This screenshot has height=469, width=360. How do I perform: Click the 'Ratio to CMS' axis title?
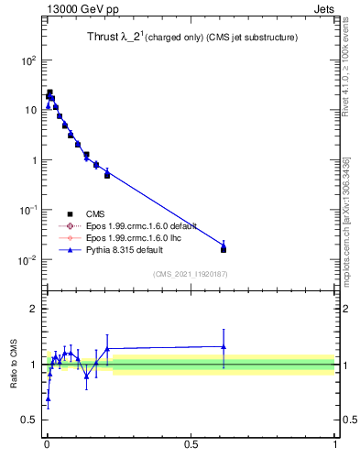(x=14, y=364)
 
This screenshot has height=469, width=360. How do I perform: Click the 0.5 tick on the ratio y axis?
(x=30, y=421)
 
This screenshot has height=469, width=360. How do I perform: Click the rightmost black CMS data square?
(x=224, y=249)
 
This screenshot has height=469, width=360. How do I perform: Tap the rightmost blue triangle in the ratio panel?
(x=224, y=346)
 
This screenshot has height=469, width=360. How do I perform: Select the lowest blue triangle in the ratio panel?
(x=48, y=398)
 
